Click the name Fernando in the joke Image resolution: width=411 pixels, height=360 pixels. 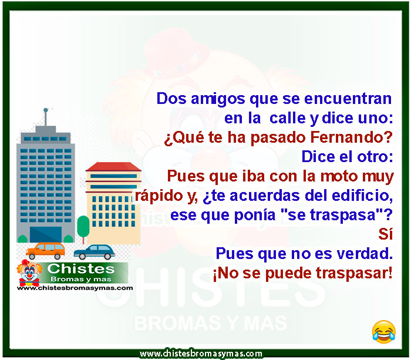349,137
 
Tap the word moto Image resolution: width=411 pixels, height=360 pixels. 339,176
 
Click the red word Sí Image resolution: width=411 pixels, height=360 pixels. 386,234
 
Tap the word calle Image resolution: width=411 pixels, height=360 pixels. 288,118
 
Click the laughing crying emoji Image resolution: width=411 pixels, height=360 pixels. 384,332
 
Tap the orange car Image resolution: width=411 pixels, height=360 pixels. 45,251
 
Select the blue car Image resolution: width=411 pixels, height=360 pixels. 95,252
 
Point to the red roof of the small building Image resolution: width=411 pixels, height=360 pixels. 113,167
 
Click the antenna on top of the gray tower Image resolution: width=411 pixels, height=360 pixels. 46,117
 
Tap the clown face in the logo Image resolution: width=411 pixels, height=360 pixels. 29,273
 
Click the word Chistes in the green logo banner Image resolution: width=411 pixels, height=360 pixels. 81,269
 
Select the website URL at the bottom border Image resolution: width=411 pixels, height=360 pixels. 201,354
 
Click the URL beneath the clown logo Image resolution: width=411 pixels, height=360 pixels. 75,288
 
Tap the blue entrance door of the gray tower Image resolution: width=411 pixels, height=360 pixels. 46,234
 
